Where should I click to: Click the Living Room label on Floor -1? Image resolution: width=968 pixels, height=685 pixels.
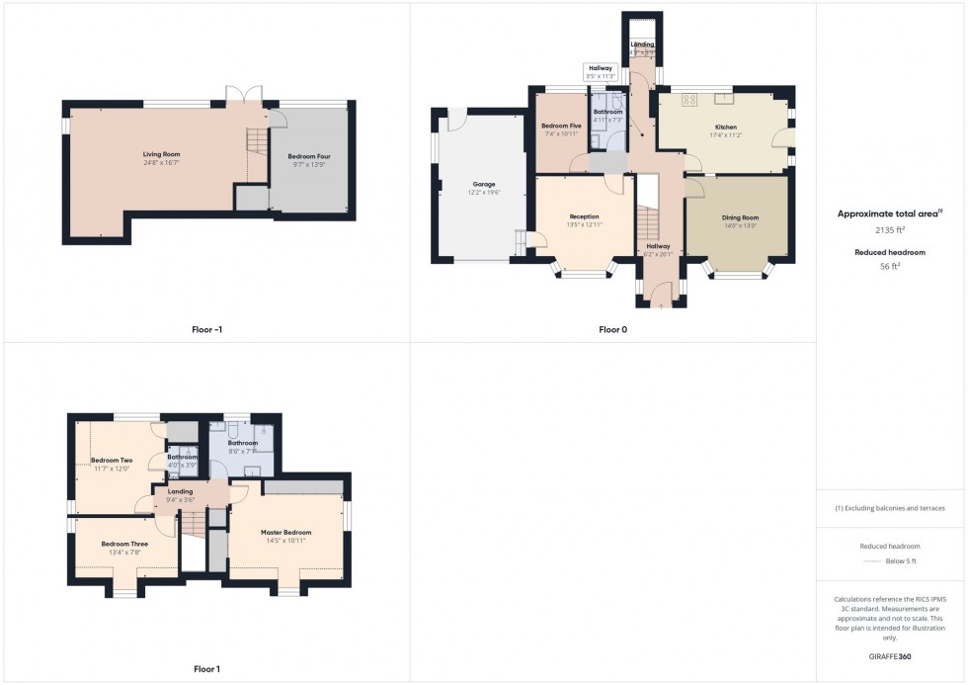point(161,154)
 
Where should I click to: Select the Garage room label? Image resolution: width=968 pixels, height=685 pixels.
point(483,185)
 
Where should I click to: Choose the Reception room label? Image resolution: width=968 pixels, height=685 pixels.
point(584,216)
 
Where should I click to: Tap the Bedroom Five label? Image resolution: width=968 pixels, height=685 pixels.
point(560,126)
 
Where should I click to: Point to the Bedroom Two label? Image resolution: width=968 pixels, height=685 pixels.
point(112,461)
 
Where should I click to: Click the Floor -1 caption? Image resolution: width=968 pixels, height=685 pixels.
point(214,329)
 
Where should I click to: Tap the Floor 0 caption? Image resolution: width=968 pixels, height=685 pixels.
point(613,329)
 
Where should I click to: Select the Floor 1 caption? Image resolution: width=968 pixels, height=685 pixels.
point(206,669)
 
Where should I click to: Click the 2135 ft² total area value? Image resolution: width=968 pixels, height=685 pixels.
point(890,228)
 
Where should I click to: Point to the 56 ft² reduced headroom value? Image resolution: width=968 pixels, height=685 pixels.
point(890,266)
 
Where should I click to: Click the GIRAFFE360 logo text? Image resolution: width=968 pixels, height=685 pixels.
point(890,655)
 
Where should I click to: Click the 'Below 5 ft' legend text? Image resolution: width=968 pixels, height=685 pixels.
point(900,561)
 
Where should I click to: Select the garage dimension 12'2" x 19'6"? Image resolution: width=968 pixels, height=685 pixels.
point(483,194)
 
